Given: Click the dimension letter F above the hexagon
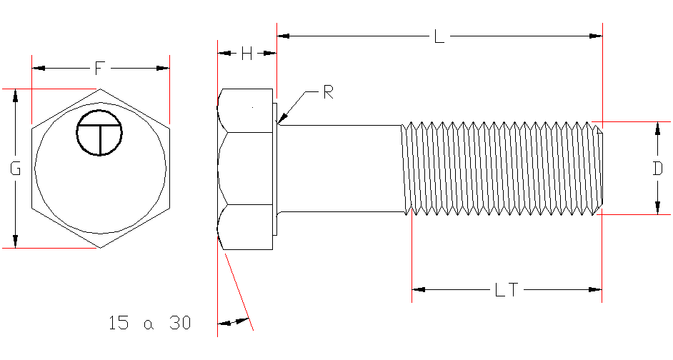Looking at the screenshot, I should [x=100, y=68].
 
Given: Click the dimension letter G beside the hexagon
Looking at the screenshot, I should [x=15, y=169].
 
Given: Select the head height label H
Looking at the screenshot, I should [x=246, y=54].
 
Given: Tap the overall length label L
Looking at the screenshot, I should [x=439, y=36].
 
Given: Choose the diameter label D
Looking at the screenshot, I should [x=658, y=169].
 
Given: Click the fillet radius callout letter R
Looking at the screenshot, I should [x=329, y=92].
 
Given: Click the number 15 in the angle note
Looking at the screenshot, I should [x=119, y=323].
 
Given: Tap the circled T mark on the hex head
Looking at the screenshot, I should [x=100, y=133].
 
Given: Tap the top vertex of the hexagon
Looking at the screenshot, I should [x=99, y=89].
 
